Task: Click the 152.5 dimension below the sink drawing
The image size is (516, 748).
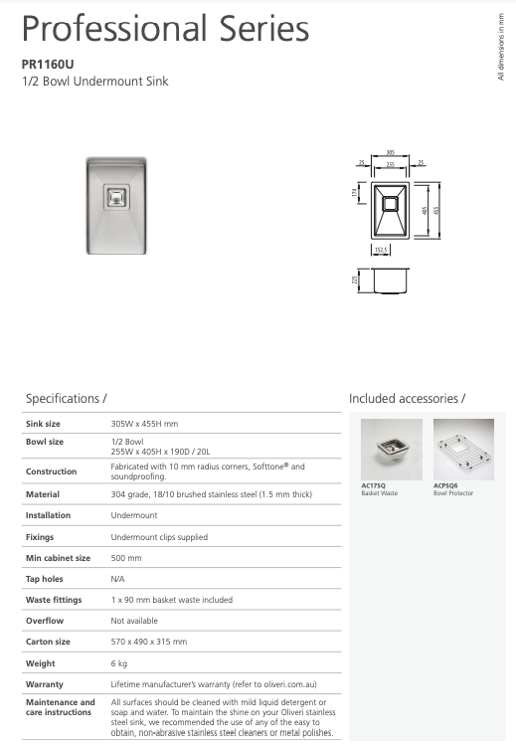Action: [x=382, y=250]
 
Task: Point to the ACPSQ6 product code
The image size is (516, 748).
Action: [x=445, y=486]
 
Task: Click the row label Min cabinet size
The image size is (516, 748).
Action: [x=58, y=558]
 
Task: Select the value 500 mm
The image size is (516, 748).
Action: [x=126, y=558]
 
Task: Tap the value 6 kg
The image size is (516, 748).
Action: [x=119, y=663]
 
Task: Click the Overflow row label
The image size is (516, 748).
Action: [x=45, y=621]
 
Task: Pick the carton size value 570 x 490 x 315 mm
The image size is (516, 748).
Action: [x=149, y=642]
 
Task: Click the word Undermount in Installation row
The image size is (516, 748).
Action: [x=134, y=515]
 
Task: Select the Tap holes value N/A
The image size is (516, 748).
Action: [x=118, y=579]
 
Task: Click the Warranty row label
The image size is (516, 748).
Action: [x=45, y=684]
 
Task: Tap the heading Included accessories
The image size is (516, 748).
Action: [x=407, y=399]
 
